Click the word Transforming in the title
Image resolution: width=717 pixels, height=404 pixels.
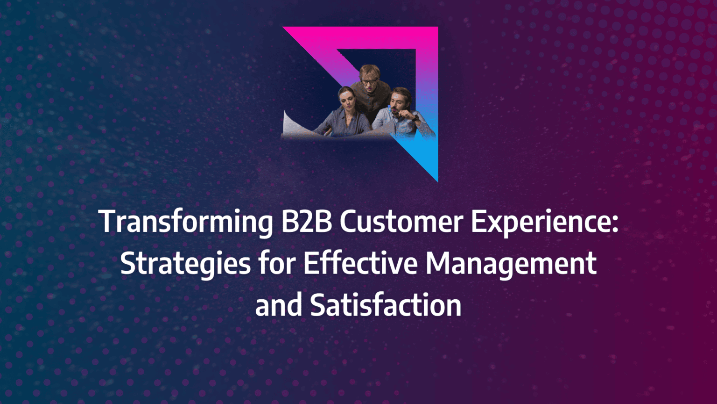(186, 222)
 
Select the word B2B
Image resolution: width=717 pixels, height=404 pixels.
(306, 221)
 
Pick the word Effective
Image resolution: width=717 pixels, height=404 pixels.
(360, 263)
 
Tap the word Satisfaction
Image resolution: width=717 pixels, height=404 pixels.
(386, 305)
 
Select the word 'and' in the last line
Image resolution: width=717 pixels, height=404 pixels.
(278, 305)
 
